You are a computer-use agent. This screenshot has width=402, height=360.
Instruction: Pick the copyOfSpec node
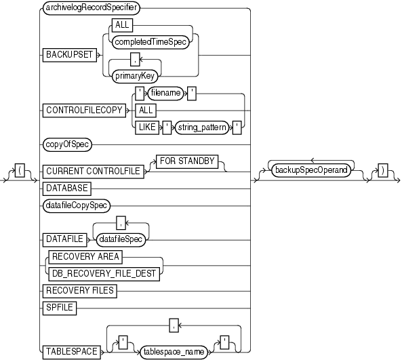pyautogui.click(x=68, y=144)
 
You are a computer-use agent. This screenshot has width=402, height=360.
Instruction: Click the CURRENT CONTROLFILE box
pyautogui.click(x=93, y=172)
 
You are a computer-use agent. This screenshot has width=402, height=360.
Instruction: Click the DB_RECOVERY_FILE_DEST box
pyautogui.click(x=102, y=274)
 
